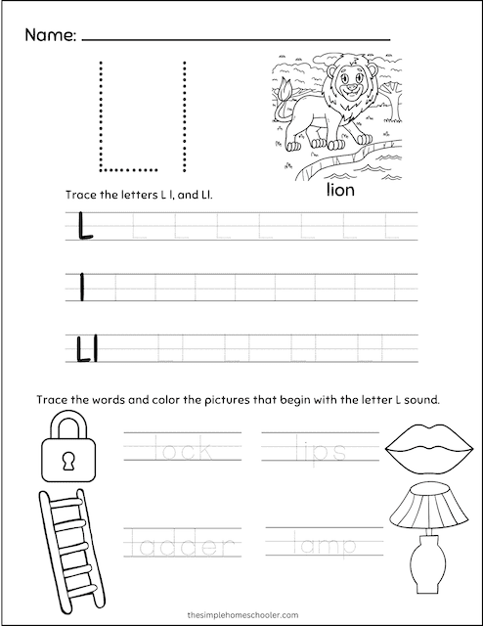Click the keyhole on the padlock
pos(67,457)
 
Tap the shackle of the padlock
pos(67,425)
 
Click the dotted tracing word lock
pos(182,451)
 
